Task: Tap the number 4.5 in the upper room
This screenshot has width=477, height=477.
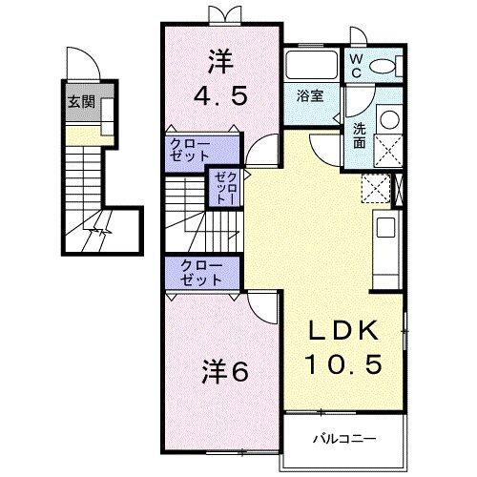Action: (222, 95)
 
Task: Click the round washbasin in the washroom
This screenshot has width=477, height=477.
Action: (387, 120)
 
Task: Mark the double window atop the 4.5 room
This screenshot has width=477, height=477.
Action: (221, 15)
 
